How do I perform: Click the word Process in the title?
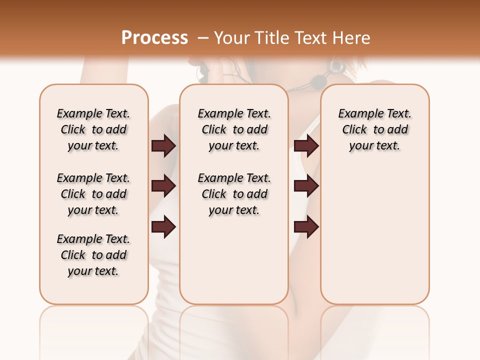[154, 38]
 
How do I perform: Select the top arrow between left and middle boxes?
[163, 145]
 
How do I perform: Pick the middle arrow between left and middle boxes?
[163, 186]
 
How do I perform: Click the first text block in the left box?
[93, 129]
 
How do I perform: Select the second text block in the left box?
[93, 194]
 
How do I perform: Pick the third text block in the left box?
[93, 255]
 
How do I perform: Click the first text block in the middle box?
[234, 129]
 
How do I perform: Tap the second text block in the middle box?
[234, 194]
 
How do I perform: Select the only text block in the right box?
[374, 129]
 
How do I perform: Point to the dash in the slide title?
[203, 38]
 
